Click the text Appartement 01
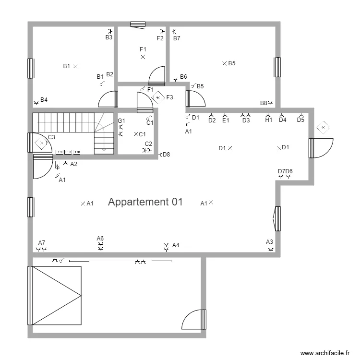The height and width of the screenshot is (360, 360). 145,202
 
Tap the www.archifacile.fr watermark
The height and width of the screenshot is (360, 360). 325,353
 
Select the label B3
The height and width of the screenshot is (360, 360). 109,37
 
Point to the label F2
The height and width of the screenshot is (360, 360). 160,38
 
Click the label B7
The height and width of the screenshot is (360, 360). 177,38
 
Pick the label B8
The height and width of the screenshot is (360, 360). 264,103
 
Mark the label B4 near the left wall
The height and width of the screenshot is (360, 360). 44,100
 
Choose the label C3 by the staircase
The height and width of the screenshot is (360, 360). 51,137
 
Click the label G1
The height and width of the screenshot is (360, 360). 121,120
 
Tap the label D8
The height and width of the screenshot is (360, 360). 166,155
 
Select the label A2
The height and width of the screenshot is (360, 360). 73,164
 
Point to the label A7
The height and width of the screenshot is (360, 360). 41,243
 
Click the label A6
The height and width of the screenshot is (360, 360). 100,239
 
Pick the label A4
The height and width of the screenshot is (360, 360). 176,245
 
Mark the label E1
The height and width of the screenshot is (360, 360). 226,121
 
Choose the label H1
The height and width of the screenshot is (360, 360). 268,120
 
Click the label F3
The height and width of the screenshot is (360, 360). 169,97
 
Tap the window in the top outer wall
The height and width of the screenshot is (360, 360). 138,24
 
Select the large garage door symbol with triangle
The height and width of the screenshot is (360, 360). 56,296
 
